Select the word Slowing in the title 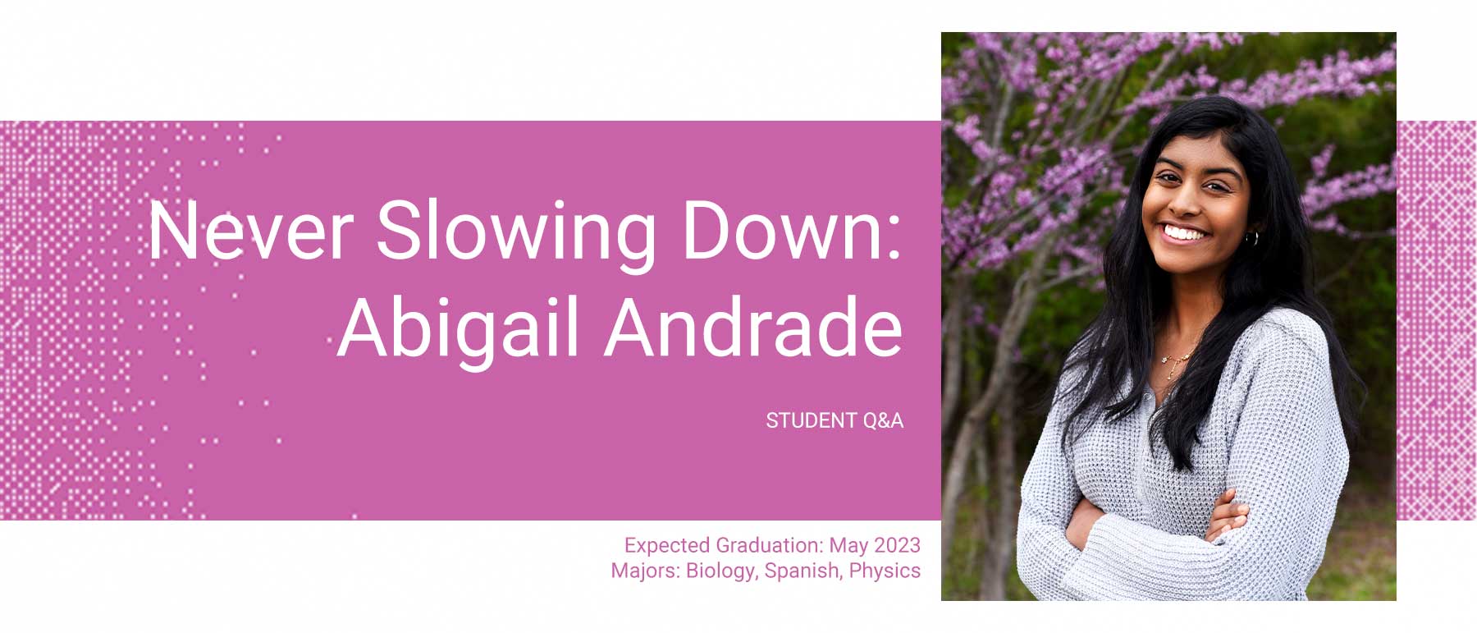[x=515, y=232]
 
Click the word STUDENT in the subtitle [x=811, y=420]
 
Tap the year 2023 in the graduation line [x=897, y=545]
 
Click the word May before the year [x=848, y=545]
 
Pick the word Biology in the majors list [x=721, y=571]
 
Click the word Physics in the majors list [x=885, y=571]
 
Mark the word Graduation [x=769, y=545]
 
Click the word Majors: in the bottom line [x=645, y=571]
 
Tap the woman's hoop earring [x=1251, y=238]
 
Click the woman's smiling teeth [x=1185, y=233]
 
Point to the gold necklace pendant [x=1174, y=364]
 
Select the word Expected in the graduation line [x=667, y=545]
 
